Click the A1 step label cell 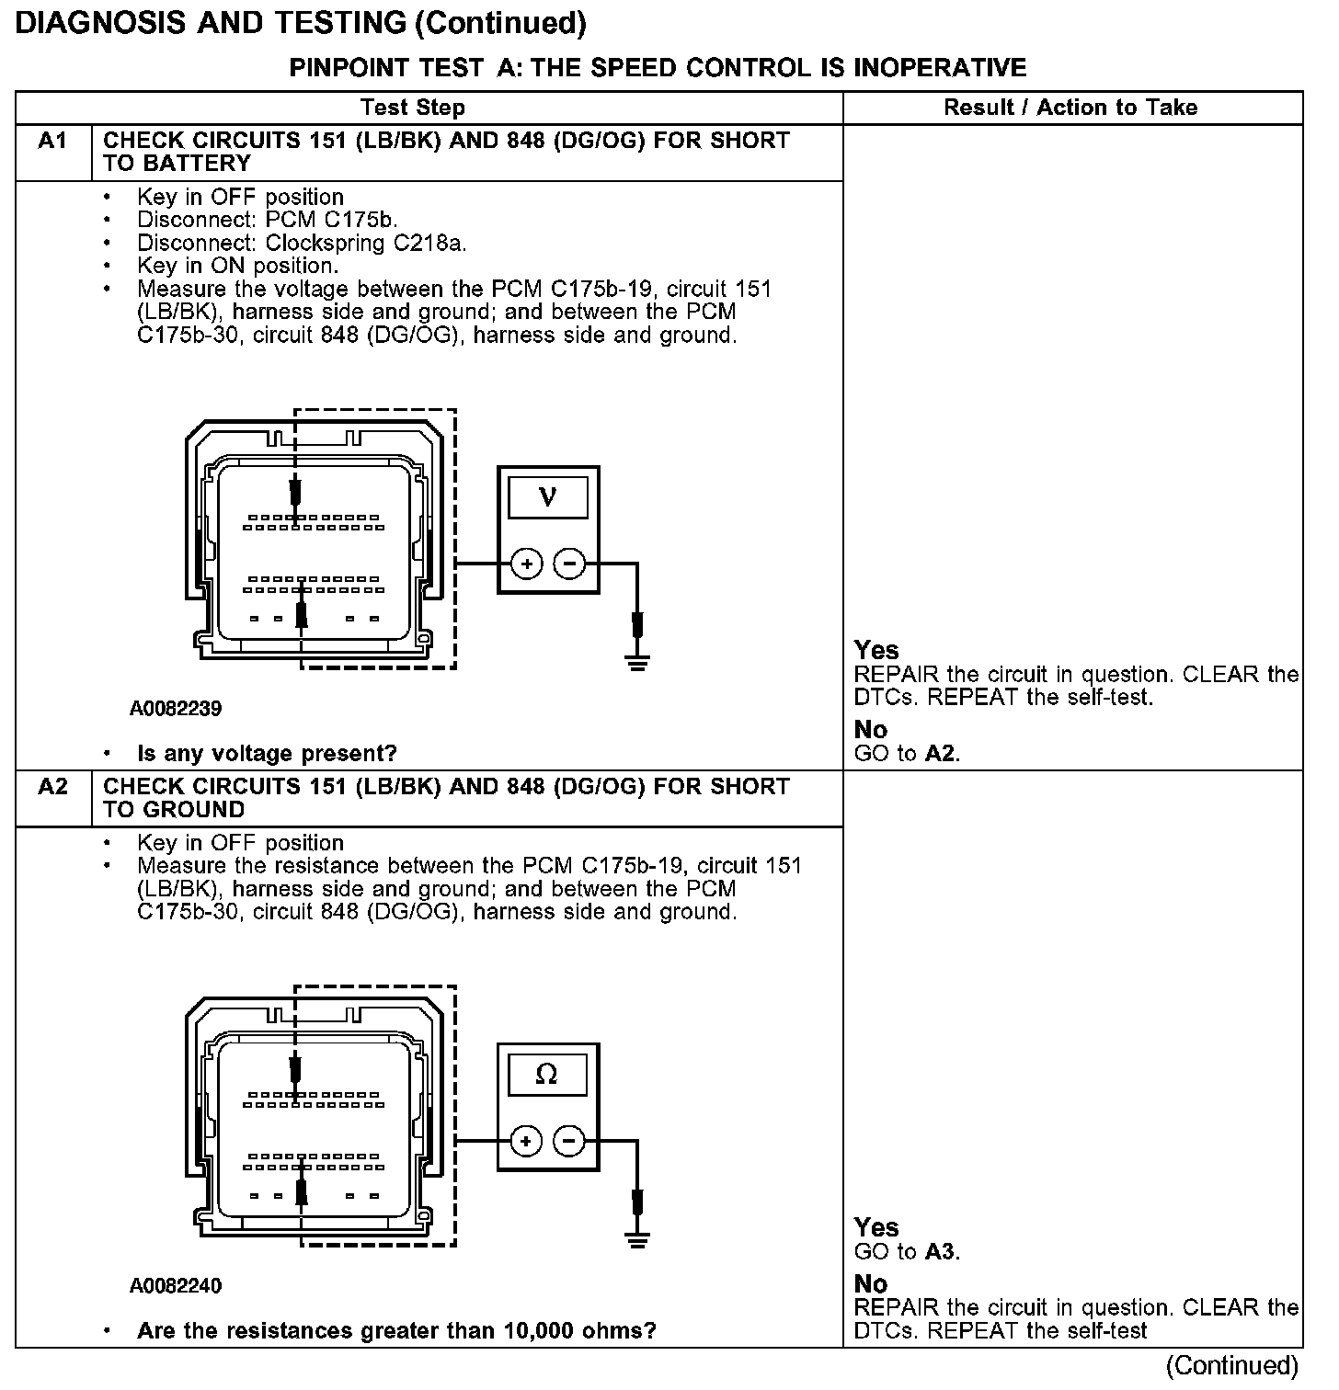52,142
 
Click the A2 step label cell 52,788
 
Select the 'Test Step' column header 413,108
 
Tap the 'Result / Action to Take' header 1070,108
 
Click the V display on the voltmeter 548,497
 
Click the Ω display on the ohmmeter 547,1074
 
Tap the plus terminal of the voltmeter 527,564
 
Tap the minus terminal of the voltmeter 570,564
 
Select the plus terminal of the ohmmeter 526,1142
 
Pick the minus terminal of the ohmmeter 569,1142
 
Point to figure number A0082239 176,709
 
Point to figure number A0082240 176,1285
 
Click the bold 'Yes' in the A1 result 875,650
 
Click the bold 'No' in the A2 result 871,1283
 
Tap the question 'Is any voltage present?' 267,754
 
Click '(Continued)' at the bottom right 1232,1366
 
